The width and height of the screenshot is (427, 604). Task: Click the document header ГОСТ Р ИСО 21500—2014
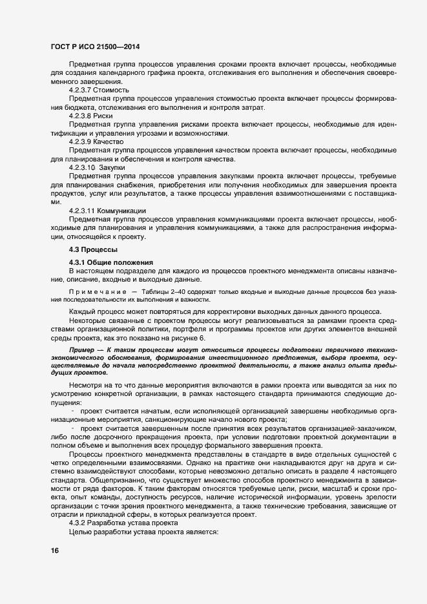coord(95,47)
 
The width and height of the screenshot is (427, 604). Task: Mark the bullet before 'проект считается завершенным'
coord(73,428)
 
